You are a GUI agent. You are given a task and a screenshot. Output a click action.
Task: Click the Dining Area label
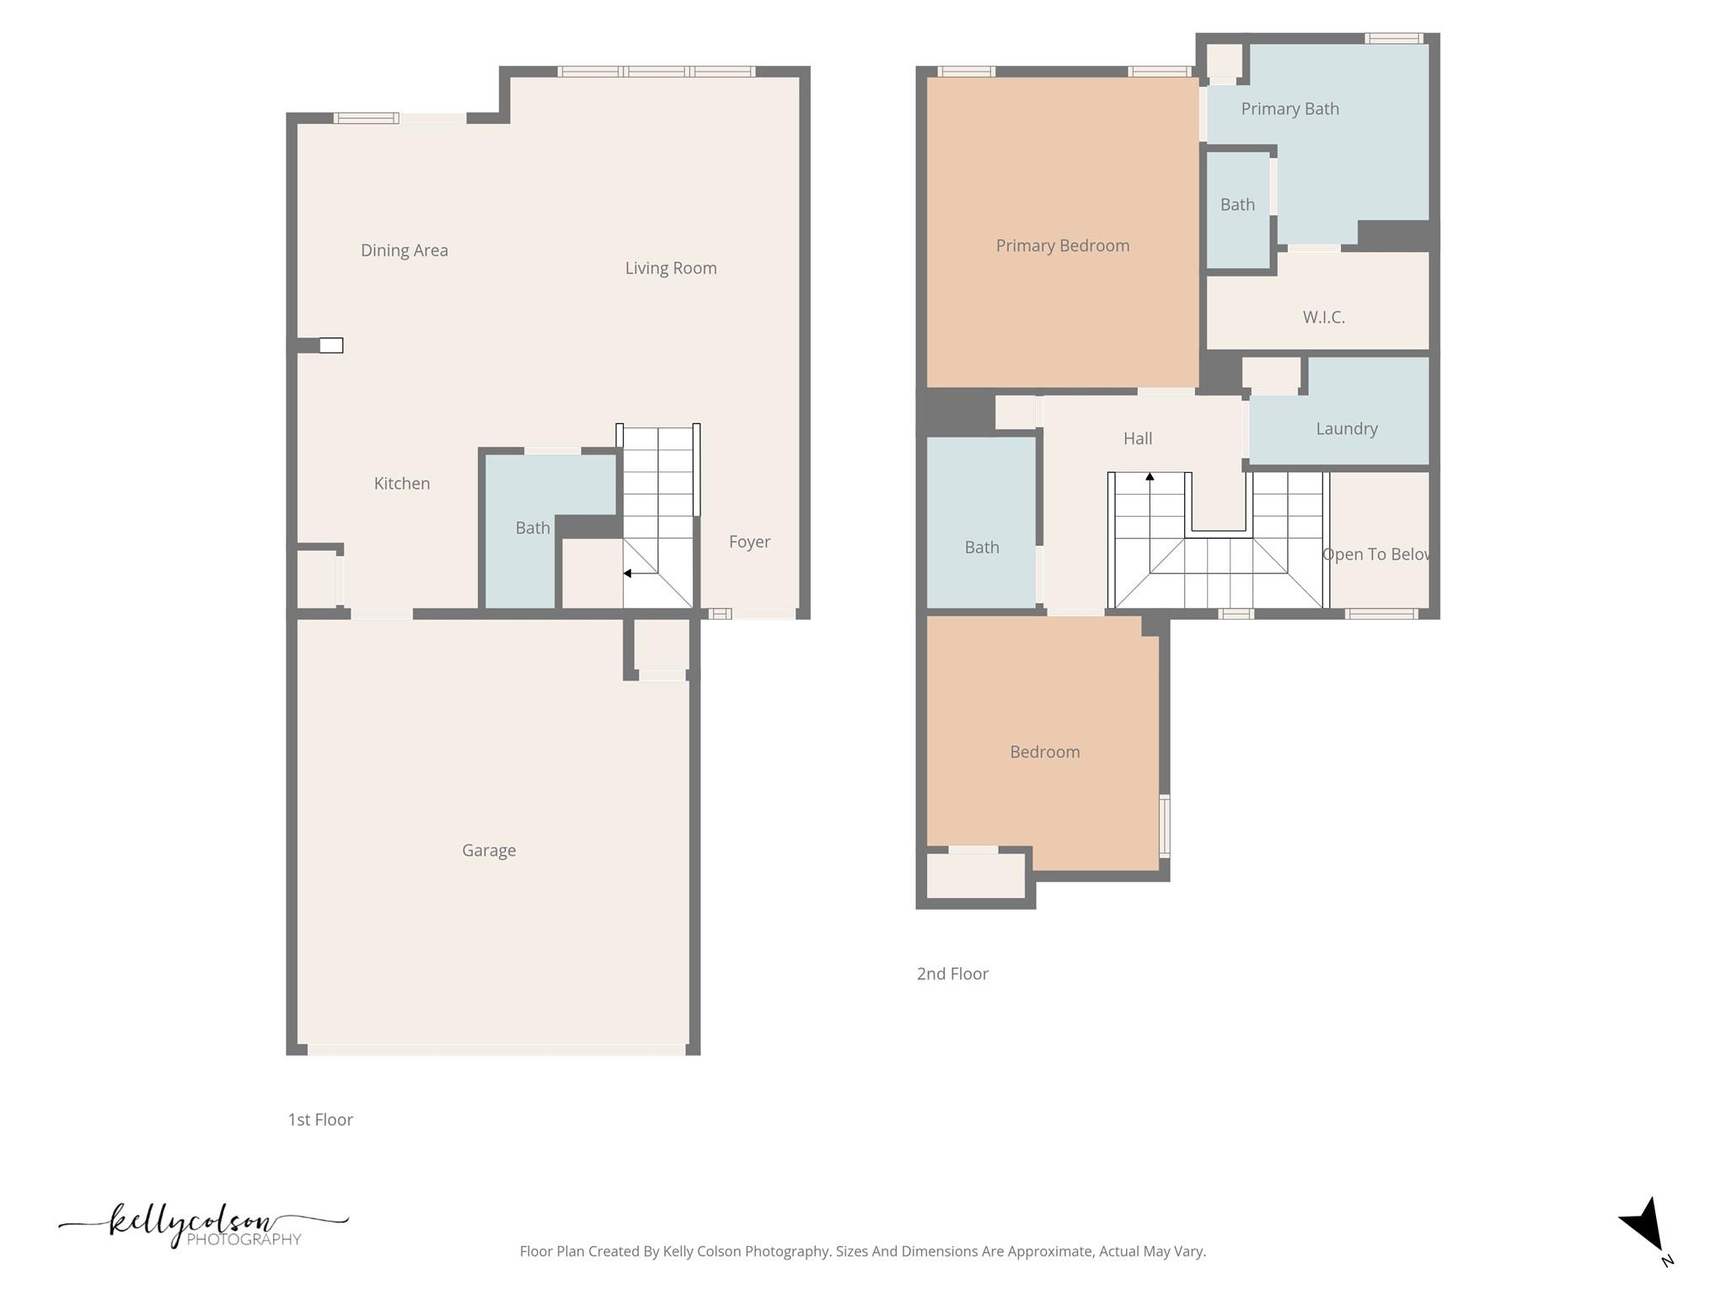[404, 250]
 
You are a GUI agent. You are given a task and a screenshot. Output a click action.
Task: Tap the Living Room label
[671, 268]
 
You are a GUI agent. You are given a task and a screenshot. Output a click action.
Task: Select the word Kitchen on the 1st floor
[402, 483]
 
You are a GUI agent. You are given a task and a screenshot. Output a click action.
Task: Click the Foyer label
[749, 541]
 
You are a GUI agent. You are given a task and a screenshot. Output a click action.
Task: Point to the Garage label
[489, 850]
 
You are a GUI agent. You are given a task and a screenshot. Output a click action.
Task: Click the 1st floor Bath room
[532, 528]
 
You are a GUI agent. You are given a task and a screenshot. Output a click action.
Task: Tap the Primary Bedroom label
[1062, 245]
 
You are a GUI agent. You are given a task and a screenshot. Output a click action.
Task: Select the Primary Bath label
[1289, 109]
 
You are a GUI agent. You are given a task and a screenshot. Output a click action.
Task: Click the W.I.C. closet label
[1323, 317]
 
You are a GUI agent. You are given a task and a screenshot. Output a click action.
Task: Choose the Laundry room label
[1346, 428]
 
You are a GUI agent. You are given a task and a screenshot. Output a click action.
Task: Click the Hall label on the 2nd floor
[1137, 438]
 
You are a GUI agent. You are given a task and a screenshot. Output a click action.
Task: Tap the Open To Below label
[1375, 554]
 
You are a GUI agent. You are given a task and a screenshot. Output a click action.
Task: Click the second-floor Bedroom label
[1044, 751]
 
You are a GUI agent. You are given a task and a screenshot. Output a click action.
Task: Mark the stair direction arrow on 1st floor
[628, 573]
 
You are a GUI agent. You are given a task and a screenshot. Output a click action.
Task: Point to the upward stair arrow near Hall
[1150, 477]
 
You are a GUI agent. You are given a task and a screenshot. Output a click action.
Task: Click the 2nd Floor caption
[952, 974]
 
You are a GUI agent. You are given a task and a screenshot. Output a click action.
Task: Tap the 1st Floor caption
[320, 1120]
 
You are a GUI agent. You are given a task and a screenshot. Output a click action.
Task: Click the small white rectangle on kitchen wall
[331, 345]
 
